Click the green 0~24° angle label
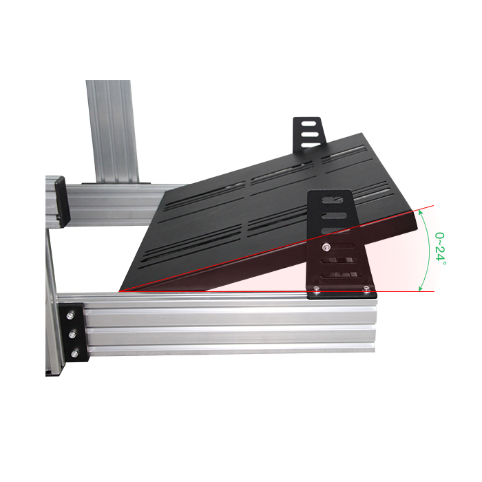pos(440,249)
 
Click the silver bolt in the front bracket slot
pos(326,246)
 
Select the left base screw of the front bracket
pos(315,289)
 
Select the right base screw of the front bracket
pos(366,289)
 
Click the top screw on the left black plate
pos(70,315)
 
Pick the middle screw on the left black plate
pos(72,335)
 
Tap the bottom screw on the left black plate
pos(74,354)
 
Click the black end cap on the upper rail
pos(62,201)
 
